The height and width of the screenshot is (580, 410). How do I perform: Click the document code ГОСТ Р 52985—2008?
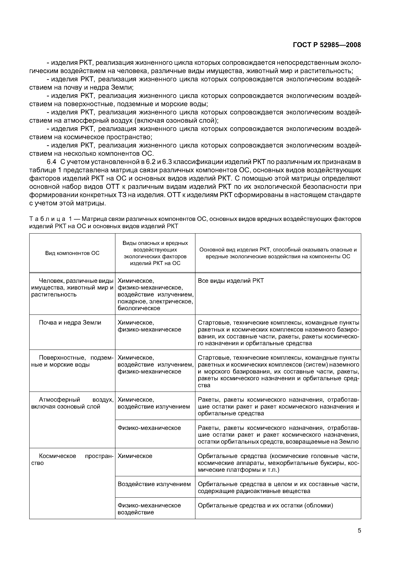[327, 45]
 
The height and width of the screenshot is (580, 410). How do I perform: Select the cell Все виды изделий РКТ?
[231, 281]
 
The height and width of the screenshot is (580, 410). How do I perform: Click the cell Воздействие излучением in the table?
[154, 484]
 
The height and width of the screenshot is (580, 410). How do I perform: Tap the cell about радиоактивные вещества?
[278, 488]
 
